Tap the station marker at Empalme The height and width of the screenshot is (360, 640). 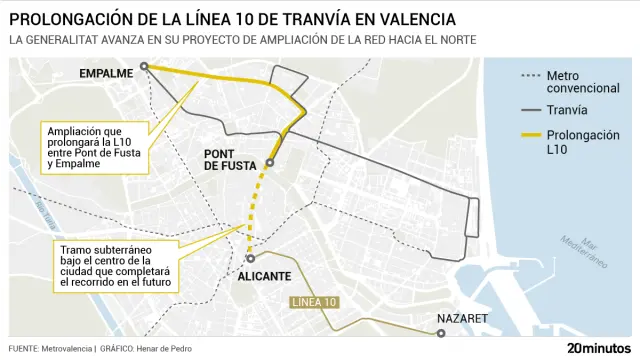point(145,67)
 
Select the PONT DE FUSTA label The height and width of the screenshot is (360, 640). point(232,159)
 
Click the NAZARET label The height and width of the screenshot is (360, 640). point(462,319)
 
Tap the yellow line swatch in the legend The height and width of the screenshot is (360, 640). point(531,134)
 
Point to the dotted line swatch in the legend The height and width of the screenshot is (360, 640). point(531,75)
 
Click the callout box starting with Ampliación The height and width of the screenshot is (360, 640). point(99,146)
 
